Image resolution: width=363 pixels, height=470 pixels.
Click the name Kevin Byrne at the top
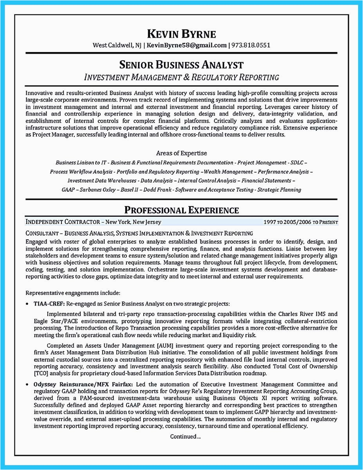181,34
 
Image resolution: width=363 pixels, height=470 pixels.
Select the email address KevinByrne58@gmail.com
187,45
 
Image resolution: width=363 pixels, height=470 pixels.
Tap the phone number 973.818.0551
251,45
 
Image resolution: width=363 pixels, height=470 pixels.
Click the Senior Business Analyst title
181,65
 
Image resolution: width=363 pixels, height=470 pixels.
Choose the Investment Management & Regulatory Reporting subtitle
181,77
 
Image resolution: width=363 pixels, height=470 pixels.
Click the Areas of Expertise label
181,153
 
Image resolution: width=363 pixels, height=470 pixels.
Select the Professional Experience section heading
181,210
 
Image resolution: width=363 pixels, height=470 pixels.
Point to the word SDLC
297,163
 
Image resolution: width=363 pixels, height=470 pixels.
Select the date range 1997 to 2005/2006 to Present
300,222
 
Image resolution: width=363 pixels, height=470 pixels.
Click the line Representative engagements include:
73,293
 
